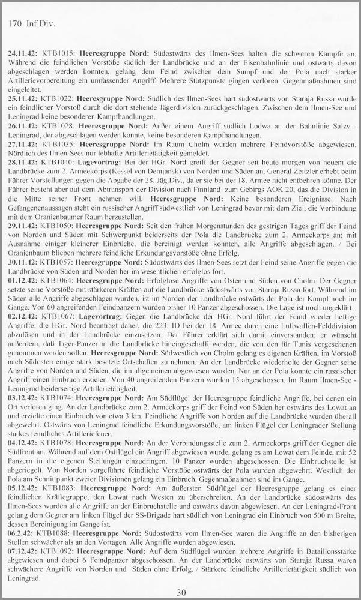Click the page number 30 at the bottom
[x=181, y=593]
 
